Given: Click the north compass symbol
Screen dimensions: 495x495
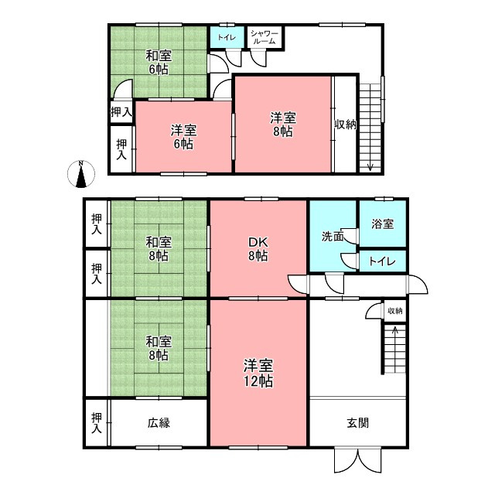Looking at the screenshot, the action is pyautogui.click(x=81, y=174).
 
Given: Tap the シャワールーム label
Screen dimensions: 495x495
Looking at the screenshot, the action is pyautogui.click(x=265, y=38).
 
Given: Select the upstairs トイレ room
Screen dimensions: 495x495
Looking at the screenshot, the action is pyautogui.click(x=227, y=37).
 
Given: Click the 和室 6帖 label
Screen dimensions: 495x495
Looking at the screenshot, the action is pyautogui.click(x=159, y=63).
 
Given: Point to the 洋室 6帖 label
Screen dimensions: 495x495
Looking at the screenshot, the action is pyautogui.click(x=183, y=137).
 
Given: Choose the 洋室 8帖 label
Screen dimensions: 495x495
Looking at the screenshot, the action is pyautogui.click(x=283, y=125).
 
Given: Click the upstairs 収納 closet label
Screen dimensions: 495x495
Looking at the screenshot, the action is pyautogui.click(x=346, y=125).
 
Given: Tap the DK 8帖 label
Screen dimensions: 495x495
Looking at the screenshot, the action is pyautogui.click(x=258, y=249).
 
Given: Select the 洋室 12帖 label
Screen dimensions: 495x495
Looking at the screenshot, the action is pyautogui.click(x=258, y=373).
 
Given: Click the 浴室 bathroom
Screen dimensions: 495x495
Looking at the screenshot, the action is pyautogui.click(x=383, y=224).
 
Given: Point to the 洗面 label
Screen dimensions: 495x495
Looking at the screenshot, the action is pyautogui.click(x=333, y=236).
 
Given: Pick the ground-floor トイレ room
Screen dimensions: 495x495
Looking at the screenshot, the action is pyautogui.click(x=383, y=261).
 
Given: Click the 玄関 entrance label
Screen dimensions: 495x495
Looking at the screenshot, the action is pyautogui.click(x=357, y=423).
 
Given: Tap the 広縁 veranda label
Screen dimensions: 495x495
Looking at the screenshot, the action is pyautogui.click(x=159, y=423).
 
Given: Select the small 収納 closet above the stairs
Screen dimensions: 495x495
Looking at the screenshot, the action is pyautogui.click(x=395, y=311).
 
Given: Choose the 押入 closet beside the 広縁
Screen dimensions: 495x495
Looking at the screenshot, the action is pyautogui.click(x=97, y=423).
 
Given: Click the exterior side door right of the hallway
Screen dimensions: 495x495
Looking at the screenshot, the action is pyautogui.click(x=418, y=285).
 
